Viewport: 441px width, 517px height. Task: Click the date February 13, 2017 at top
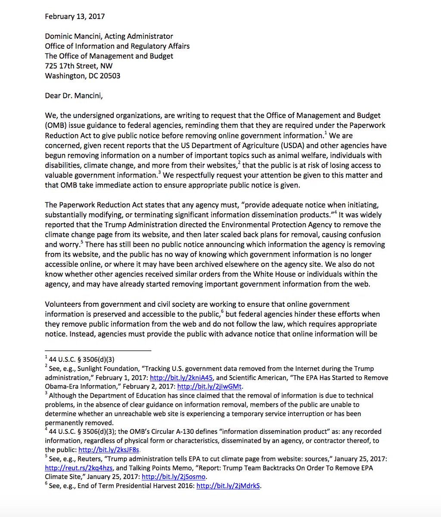tap(75, 16)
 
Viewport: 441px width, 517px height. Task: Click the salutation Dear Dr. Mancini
tap(74, 96)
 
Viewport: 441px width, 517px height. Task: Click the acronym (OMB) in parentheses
tap(55, 125)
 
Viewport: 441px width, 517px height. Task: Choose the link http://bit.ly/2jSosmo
tap(174, 477)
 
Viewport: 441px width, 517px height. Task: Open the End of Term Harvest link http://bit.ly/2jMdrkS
tap(228, 486)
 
